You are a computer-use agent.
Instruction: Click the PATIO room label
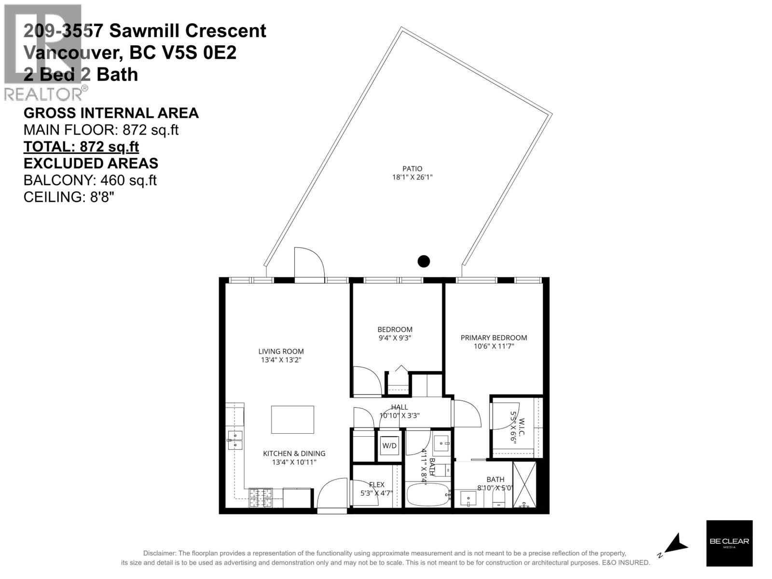coord(412,168)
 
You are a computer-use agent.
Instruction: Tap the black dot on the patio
coord(423,261)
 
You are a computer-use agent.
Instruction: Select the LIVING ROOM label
coord(281,351)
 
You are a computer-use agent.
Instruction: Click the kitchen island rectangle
coord(292,420)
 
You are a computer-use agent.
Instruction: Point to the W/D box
coord(389,446)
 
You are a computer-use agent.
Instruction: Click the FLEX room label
coord(376,485)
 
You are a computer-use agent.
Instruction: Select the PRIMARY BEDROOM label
coord(494,338)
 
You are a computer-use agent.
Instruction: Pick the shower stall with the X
coord(524,485)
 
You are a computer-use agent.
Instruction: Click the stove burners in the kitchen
coord(261,498)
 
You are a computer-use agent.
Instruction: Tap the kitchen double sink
coord(235,440)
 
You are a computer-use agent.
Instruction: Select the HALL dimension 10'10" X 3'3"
coord(400,415)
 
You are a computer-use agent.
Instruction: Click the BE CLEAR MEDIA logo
coord(729,543)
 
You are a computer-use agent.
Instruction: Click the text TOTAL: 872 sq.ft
coord(81,146)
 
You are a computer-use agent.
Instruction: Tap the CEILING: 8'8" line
coord(69,197)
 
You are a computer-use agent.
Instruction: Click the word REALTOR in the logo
coord(42,94)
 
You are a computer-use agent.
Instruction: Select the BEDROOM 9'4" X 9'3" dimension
coord(395,338)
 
